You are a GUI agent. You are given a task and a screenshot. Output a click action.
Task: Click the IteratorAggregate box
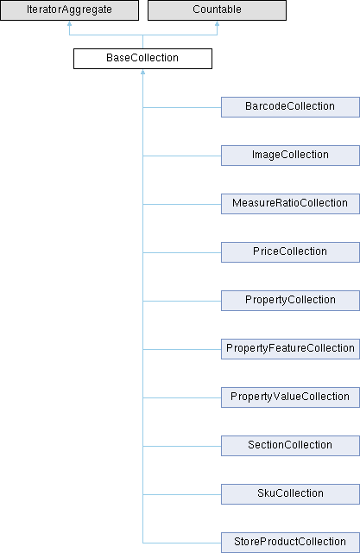pyautogui.click(x=69, y=10)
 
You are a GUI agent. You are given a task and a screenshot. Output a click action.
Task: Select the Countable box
pyautogui.click(x=217, y=10)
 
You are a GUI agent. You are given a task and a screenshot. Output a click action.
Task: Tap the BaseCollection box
pyautogui.click(x=142, y=59)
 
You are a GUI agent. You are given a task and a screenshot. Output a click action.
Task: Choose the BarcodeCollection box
pyautogui.click(x=290, y=107)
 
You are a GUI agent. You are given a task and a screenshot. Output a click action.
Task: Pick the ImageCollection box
pyautogui.click(x=290, y=156)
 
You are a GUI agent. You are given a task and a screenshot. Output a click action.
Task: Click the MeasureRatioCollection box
pyautogui.click(x=290, y=204)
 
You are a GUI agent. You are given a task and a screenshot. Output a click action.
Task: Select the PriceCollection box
pyautogui.click(x=290, y=252)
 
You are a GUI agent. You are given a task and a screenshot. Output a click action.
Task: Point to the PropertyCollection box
pyautogui.click(x=290, y=301)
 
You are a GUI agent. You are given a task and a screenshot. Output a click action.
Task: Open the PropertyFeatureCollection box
pyautogui.click(x=290, y=349)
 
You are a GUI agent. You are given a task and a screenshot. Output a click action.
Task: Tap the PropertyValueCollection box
pyautogui.click(x=290, y=397)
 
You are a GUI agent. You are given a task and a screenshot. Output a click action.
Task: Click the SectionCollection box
pyautogui.click(x=290, y=446)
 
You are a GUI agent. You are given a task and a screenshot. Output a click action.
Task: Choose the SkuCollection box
pyautogui.click(x=290, y=494)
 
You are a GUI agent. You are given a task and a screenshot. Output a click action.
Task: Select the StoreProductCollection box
pyautogui.click(x=290, y=543)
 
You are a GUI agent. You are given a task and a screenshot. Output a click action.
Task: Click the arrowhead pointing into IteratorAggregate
pyautogui.click(x=69, y=23)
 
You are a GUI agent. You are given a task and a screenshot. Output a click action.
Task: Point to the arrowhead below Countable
pyautogui.click(x=217, y=23)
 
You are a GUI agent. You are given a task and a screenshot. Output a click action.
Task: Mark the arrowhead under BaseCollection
pyautogui.click(x=142, y=72)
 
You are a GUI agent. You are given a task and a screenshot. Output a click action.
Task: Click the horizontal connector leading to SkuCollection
pyautogui.click(x=182, y=494)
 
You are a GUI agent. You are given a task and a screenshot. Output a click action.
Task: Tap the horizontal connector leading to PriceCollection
pyautogui.click(x=182, y=252)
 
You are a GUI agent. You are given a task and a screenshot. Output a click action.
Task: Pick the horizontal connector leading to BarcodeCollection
pyautogui.click(x=182, y=107)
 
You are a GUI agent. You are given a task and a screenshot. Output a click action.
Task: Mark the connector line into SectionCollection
pyautogui.click(x=182, y=446)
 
